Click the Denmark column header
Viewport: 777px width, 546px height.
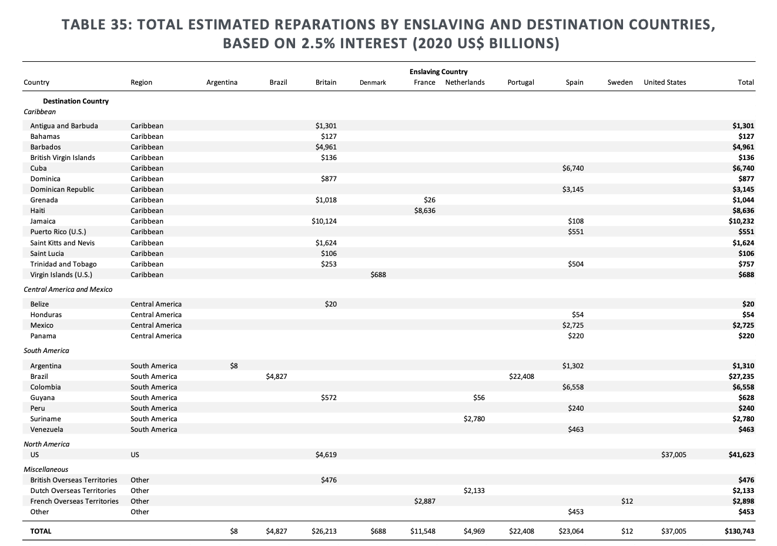[373, 82]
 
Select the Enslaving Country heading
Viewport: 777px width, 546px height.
[438, 72]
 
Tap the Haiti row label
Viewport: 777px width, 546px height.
[38, 211]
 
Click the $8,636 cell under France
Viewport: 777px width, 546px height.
[424, 211]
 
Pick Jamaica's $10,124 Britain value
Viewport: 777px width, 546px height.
[324, 221]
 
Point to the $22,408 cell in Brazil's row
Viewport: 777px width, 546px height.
[521, 377]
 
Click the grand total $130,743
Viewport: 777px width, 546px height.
[739, 531]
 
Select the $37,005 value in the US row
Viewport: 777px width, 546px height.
[673, 455]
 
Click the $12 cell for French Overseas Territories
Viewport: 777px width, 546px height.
[627, 501]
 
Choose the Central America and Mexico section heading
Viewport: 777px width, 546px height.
[68, 289]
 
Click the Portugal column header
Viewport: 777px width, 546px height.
[521, 82]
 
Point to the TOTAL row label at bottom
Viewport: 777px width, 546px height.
[41, 531]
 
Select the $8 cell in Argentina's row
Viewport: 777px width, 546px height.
[234, 366]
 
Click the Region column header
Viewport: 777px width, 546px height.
[141, 82]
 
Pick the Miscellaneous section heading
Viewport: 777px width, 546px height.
[46, 470]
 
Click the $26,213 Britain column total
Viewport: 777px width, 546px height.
[324, 531]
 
